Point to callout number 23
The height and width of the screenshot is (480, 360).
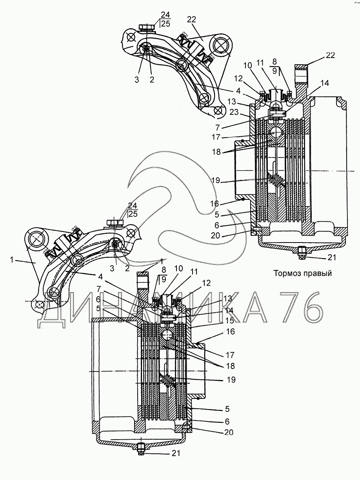click(x=234, y=112)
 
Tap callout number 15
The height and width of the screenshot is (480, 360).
click(x=229, y=321)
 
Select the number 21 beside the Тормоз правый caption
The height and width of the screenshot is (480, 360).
click(x=331, y=257)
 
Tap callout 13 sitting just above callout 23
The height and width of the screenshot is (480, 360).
click(x=231, y=102)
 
